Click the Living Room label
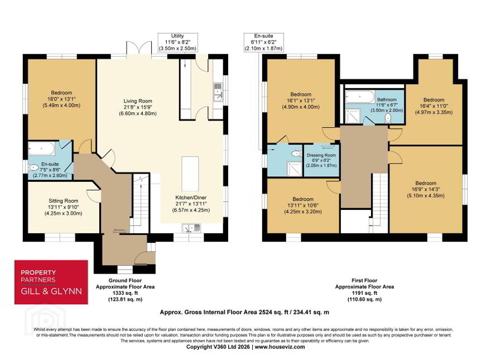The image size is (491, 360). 138,107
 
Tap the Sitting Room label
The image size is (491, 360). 63,207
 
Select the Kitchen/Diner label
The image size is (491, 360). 191,204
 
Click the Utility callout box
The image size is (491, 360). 177,42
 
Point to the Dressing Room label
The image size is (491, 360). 321,160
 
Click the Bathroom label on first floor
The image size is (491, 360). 387,105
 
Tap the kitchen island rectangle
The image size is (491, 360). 190,171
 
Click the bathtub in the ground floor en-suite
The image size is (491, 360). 41,148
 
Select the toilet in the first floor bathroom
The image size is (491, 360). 388,118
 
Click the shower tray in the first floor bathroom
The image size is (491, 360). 353,116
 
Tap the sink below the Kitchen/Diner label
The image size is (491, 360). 191,228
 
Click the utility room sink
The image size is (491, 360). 218,92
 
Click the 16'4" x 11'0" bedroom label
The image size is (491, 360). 434,106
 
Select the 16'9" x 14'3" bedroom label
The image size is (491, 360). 426,189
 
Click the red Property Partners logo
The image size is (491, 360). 51,282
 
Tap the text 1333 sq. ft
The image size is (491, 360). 125,293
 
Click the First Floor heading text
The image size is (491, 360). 364,280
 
